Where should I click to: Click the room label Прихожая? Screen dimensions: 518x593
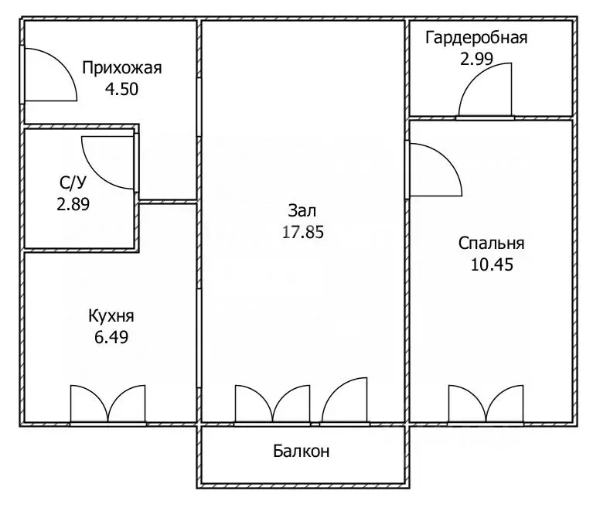pyautogui.click(x=121, y=68)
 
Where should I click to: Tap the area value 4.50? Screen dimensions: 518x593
pyautogui.click(x=121, y=88)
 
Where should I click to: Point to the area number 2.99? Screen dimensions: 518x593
pyautogui.click(x=476, y=59)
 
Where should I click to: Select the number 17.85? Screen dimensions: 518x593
pyautogui.click(x=302, y=231)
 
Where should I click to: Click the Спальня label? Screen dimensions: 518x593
pyautogui.click(x=492, y=244)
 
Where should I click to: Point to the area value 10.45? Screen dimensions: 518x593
pyautogui.click(x=492, y=264)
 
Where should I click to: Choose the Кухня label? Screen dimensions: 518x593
pyautogui.click(x=111, y=316)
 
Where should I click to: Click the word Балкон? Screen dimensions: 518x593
pyautogui.click(x=302, y=452)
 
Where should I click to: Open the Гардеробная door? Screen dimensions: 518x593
pyautogui.click(x=486, y=91)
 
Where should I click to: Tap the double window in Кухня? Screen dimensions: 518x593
pyautogui.click(x=108, y=404)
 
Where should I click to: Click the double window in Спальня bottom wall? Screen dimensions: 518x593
pyautogui.click(x=486, y=404)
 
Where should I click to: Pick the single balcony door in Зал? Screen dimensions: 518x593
pyautogui.click(x=343, y=402)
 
